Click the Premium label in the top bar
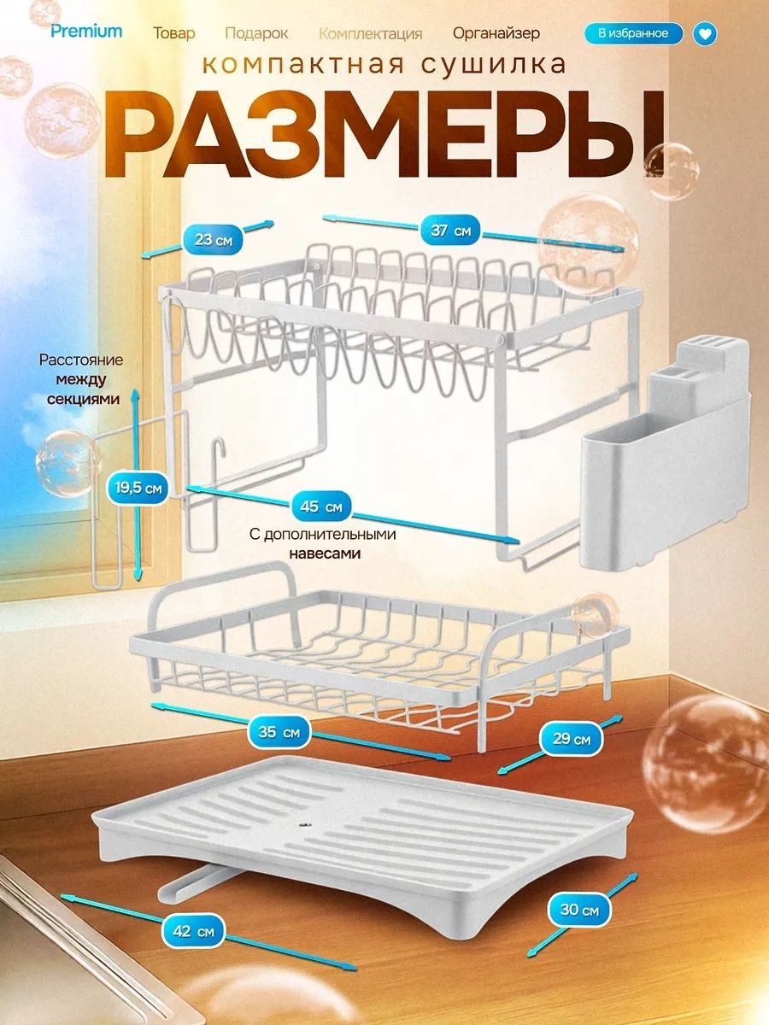tap(86, 32)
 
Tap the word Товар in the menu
tap(174, 33)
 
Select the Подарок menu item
tap(256, 33)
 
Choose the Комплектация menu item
tap(370, 34)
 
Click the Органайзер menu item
tap(496, 33)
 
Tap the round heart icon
tap(705, 34)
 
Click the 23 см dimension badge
tap(214, 240)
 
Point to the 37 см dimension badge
tap(450, 231)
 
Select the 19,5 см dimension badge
tap(138, 489)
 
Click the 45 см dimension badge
tap(321, 507)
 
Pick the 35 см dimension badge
tap(279, 732)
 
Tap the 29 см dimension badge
tap(571, 739)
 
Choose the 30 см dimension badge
tap(579, 911)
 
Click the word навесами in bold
tap(325, 553)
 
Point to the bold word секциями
tap(83, 399)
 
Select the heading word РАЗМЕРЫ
tap(385, 136)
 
